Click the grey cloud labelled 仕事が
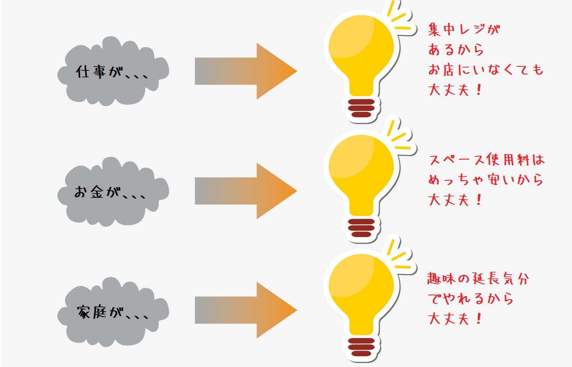coord(113,71)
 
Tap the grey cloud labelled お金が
coord(113,192)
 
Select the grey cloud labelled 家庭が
coord(113,312)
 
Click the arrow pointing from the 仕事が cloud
coord(246,71)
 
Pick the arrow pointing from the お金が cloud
coord(246,191)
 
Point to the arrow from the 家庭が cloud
coord(246,310)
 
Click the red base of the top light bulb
coord(361,108)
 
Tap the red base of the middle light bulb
coord(361,228)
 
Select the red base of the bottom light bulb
coord(361,347)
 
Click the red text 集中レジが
coord(464,29)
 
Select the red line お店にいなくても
coord(486,69)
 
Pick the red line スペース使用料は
coord(487,160)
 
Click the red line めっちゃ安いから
coord(486,179)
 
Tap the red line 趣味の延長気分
coord(478,278)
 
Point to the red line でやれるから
coord(471,298)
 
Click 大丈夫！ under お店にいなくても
coord(455,90)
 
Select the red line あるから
coord(456,49)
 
